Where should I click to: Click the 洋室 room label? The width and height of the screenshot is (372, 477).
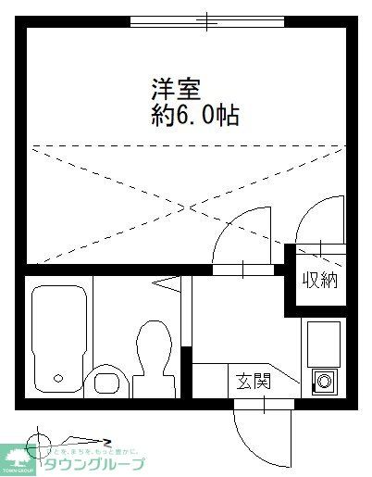173,91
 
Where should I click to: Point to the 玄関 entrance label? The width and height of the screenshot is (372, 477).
251,382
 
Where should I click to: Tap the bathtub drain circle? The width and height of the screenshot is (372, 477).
59,378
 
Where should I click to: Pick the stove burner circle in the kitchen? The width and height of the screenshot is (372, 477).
323,380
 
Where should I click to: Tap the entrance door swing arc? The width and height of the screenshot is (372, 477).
250,431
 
